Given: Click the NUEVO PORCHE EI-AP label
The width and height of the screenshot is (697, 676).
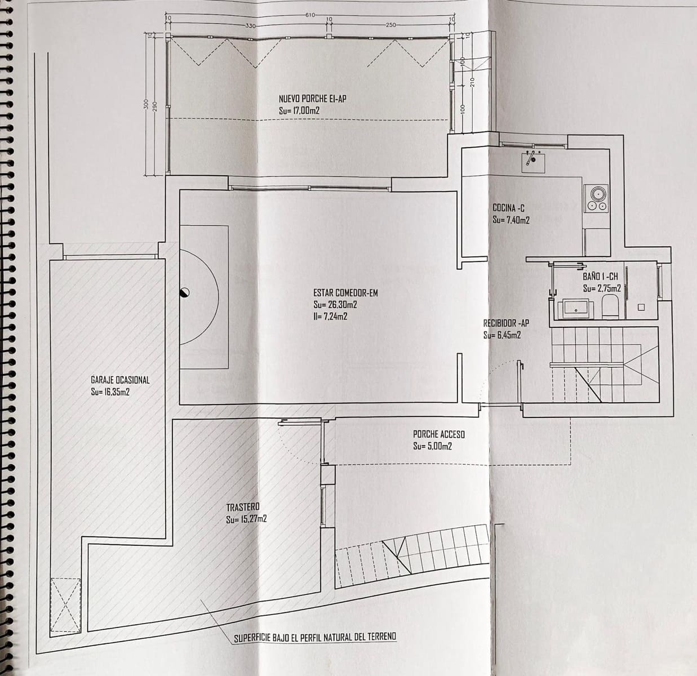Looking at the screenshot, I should coord(312,99).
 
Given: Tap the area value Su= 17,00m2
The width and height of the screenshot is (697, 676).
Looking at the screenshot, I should coord(299,111).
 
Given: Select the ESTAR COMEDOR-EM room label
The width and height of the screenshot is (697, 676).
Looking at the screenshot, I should coord(345,293).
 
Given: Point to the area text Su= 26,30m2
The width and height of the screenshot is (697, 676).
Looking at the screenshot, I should coord(335,305).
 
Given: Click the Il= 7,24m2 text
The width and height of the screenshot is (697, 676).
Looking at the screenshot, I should coord(330,317).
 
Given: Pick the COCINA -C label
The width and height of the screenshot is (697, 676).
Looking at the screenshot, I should coord(509,208).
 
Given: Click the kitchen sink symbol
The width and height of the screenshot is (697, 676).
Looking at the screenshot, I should coord(531,161).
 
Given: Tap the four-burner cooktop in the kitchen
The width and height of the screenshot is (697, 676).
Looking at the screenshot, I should coord(598,198).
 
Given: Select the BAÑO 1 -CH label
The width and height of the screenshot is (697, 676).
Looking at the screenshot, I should coord(601,277).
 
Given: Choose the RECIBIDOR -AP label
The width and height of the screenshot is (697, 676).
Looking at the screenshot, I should coord(506,323).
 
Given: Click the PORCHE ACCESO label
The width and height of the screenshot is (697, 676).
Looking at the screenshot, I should coord(439,434).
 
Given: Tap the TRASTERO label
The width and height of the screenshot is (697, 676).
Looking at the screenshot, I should coord(243,508).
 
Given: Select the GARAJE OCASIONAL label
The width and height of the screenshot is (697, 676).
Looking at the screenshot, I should coord(120,380).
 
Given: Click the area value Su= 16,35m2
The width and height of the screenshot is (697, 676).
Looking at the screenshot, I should coord(110,392).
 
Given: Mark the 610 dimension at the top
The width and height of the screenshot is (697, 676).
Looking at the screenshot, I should coord(310,15).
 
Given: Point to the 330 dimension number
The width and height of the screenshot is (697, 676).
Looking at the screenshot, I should coord(251,26).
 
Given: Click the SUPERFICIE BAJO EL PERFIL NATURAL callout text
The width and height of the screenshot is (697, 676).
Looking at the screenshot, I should coord(315,637).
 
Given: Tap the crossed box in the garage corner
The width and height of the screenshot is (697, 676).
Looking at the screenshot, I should coord(64,606).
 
